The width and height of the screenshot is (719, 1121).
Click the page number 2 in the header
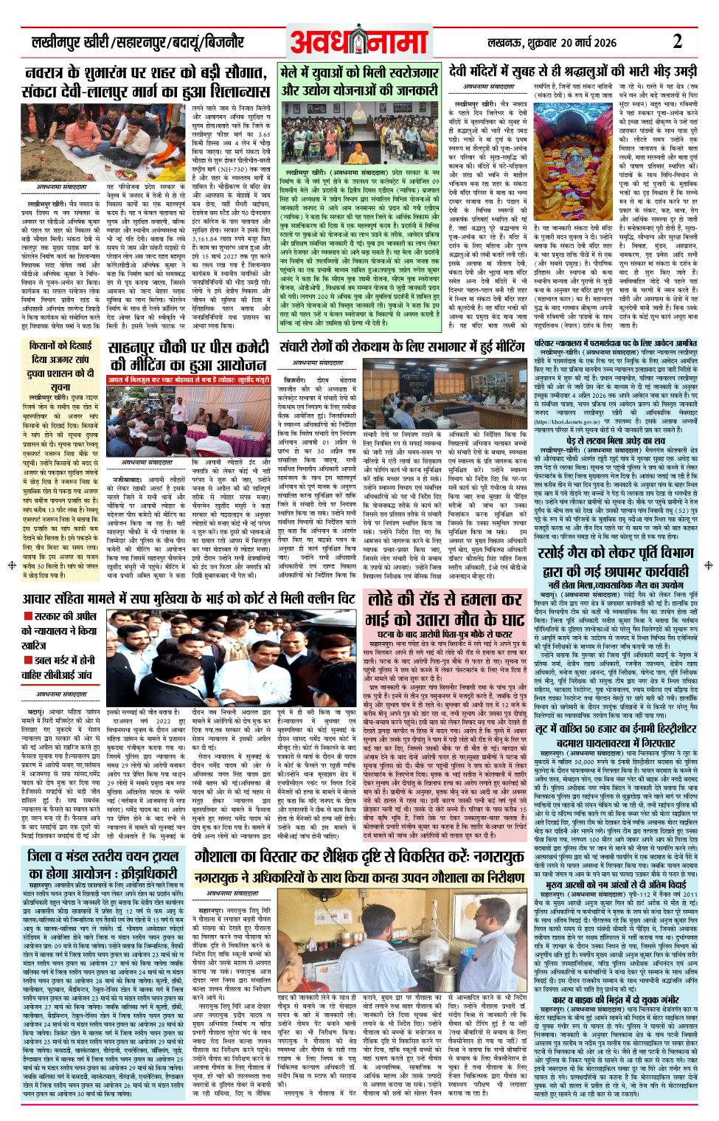point(676,41)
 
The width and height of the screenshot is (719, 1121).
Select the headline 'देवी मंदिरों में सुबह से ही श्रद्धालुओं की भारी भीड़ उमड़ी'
point(572,72)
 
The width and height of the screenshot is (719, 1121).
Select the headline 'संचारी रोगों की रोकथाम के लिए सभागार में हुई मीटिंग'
point(402,347)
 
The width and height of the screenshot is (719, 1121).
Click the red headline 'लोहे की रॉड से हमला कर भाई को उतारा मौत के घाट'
point(445,609)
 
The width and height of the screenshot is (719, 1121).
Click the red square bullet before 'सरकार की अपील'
point(28,615)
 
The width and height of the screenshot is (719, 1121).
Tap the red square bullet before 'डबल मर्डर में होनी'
point(28,660)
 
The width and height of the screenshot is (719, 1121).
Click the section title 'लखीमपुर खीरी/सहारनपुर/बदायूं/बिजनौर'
point(137,43)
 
